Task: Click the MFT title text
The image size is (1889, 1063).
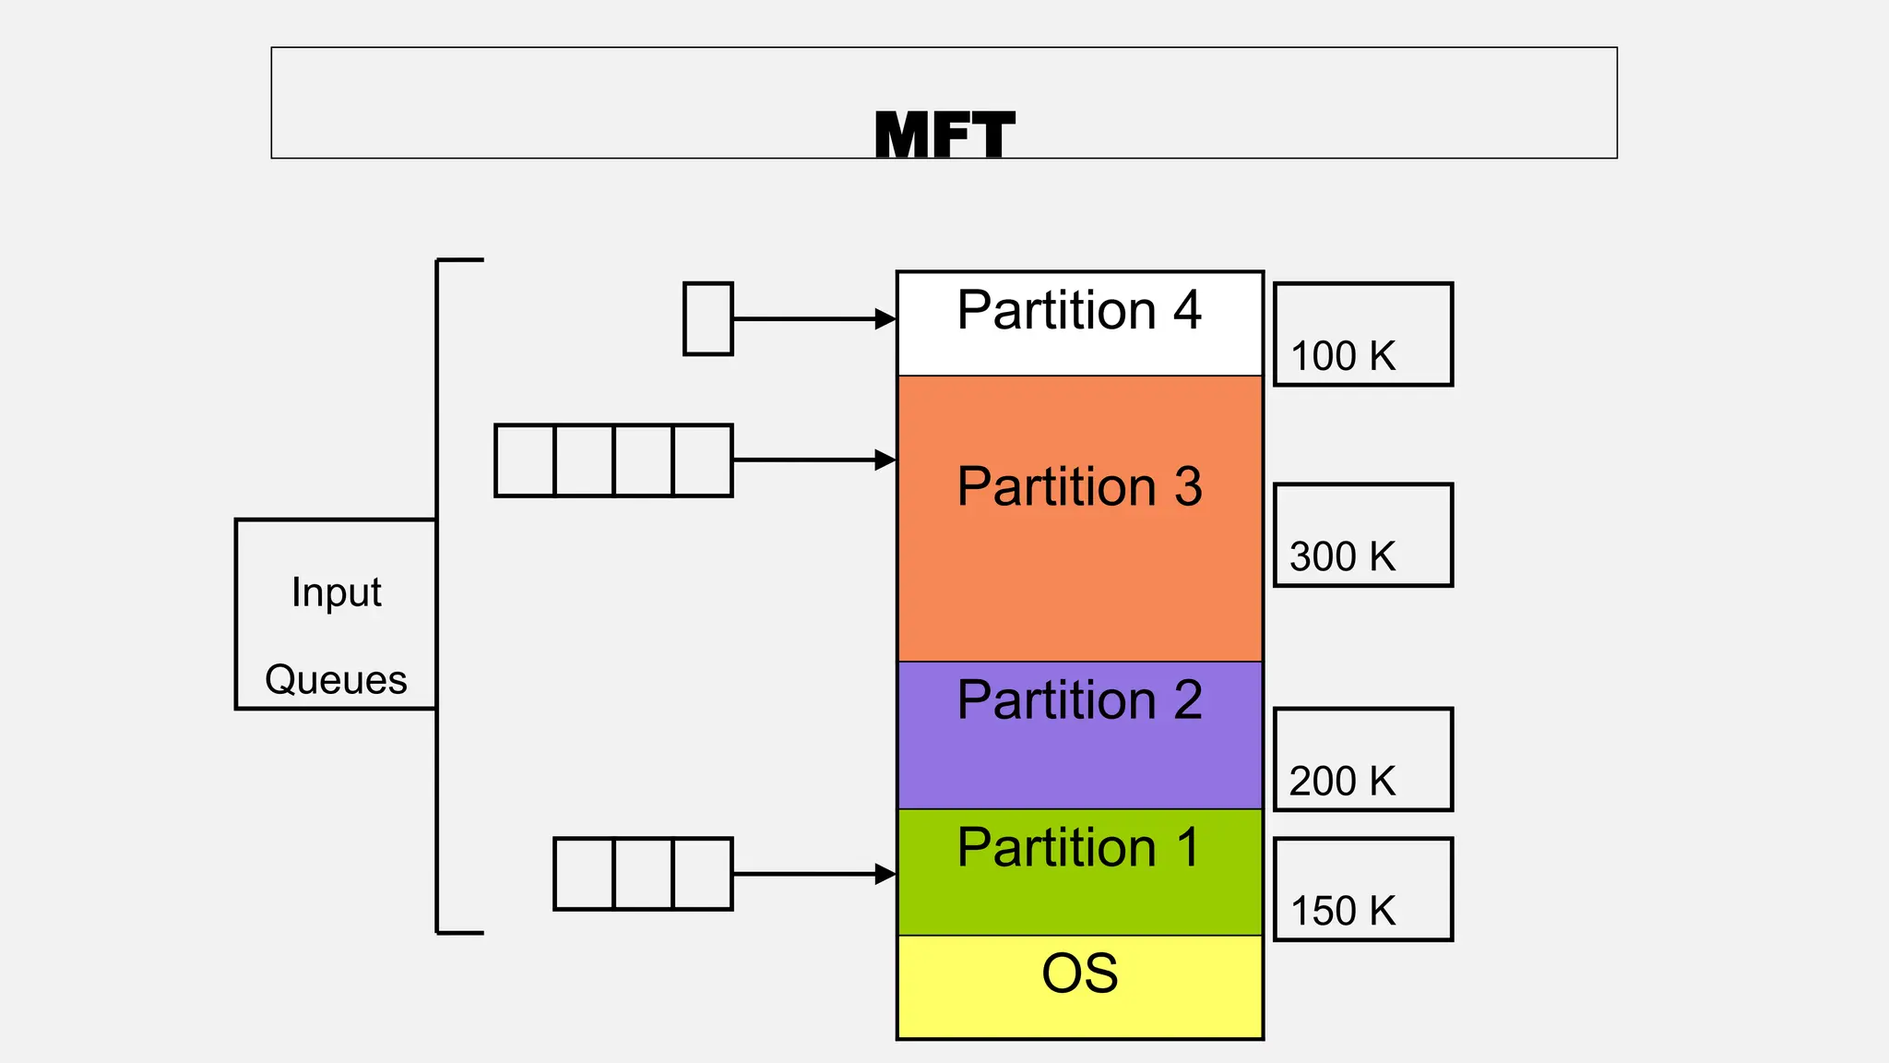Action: pos(944,136)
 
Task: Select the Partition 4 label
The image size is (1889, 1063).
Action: pos(1079,310)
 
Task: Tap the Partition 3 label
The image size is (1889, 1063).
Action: pos(1079,486)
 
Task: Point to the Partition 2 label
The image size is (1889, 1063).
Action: pos(1079,699)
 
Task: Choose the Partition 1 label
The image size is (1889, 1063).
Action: pos(1079,847)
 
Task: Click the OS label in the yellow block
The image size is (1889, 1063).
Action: pos(1079,973)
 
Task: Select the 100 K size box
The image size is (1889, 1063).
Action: pos(1362,334)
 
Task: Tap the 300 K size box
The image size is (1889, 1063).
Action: pos(1362,535)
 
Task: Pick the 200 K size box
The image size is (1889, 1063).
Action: pos(1362,759)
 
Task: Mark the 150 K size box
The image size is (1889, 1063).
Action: pos(1362,890)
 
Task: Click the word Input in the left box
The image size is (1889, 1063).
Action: pos(336,592)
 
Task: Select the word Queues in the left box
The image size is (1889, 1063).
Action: pos(336,680)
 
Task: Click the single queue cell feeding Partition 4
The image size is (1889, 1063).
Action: pos(707,318)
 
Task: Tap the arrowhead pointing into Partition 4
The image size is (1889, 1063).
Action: pos(885,319)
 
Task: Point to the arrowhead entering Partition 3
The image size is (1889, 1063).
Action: pos(885,460)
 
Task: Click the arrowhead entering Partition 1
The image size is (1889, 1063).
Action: pos(885,874)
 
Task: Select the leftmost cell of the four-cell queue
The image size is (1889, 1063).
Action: pos(525,460)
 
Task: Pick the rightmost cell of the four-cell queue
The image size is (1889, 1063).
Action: pos(703,460)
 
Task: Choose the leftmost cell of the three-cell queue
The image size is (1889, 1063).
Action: pos(584,874)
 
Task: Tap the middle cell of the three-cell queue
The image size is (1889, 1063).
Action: pos(643,874)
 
